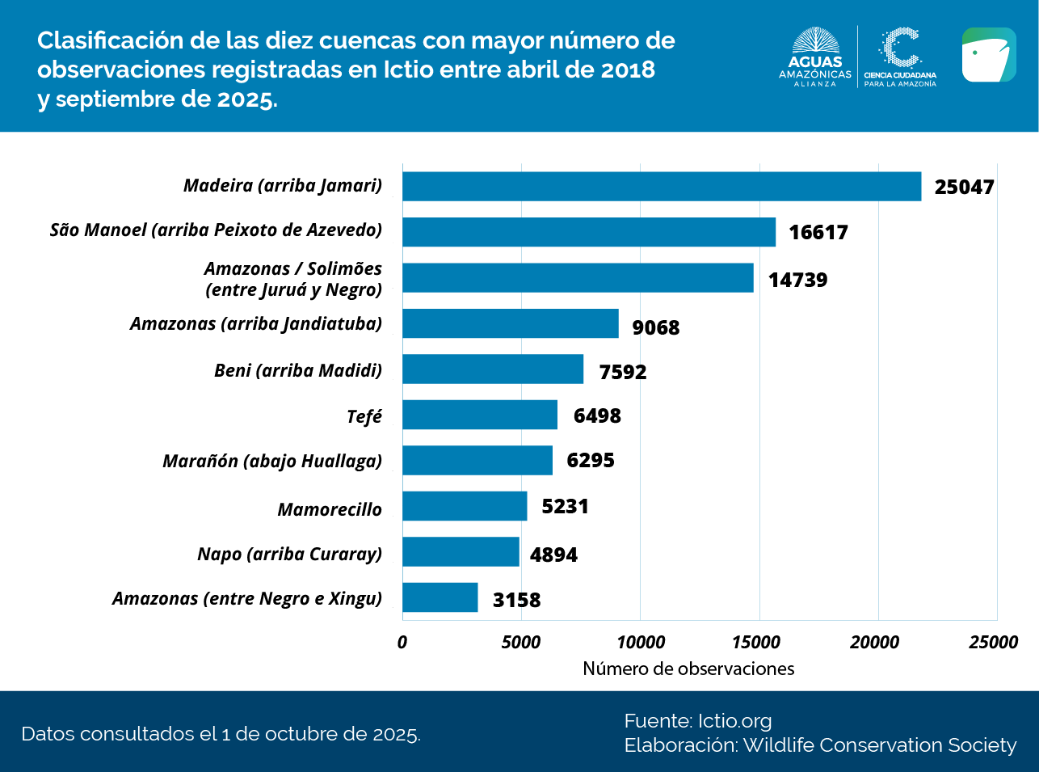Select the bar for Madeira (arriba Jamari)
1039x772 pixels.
pos(661,186)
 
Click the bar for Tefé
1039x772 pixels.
pos(480,415)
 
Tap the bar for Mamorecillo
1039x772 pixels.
pos(465,506)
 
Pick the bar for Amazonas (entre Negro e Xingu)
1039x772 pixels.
pos(440,597)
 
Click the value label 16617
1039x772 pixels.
pos(818,233)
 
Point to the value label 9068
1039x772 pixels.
pos(655,327)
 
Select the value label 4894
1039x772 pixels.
pos(553,555)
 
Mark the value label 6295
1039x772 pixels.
pos(591,460)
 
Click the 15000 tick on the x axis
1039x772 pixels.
pos(756,643)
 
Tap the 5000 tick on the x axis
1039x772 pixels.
pos(520,643)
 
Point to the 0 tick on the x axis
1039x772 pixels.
pos(402,643)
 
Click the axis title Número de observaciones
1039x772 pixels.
pos(688,669)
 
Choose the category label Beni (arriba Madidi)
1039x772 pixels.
pos(298,370)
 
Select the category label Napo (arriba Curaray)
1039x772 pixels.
pos(289,554)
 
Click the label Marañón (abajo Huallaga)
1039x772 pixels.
pos(272,461)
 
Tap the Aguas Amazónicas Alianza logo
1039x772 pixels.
pos(815,57)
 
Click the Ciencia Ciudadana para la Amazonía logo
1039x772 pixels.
pos(900,57)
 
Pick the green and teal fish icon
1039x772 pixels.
pos(989,55)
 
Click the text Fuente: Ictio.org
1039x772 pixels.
pos(698,720)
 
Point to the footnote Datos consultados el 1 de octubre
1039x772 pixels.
pos(221,734)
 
